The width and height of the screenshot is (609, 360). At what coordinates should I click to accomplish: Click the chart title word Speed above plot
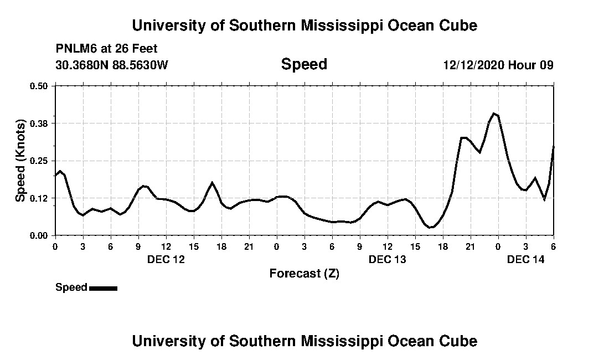click(x=304, y=64)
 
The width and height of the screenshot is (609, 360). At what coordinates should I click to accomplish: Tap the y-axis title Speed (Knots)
click(x=20, y=161)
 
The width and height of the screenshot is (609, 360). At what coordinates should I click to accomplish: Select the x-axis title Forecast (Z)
click(x=304, y=273)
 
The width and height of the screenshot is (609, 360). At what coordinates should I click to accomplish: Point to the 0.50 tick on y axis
click(x=39, y=86)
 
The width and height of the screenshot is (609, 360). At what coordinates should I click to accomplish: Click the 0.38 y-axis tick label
click(x=39, y=123)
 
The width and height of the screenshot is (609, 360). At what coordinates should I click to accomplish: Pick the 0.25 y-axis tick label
click(x=39, y=161)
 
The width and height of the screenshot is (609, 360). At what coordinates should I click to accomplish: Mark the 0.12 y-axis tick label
click(x=39, y=198)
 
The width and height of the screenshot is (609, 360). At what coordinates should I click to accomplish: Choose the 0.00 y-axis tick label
click(x=39, y=235)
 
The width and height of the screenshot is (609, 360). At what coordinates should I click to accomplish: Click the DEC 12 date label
click(x=166, y=259)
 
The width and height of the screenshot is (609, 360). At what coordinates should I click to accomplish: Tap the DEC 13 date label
click(x=388, y=259)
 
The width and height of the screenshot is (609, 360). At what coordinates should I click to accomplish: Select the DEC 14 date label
click(x=526, y=259)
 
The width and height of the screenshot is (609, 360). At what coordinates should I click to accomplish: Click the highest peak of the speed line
click(x=494, y=114)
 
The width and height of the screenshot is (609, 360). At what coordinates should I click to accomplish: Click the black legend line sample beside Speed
click(x=103, y=288)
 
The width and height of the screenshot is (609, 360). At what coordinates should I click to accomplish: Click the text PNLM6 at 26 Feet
click(x=106, y=48)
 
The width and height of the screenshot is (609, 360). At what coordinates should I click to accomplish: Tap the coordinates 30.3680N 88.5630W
click(x=111, y=65)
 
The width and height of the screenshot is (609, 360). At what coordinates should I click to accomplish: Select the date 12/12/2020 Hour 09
click(x=498, y=65)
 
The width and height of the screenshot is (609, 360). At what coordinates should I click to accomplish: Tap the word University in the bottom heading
click(x=168, y=341)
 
